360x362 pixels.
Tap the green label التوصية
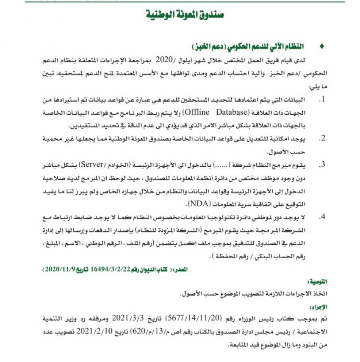pos(317,282)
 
